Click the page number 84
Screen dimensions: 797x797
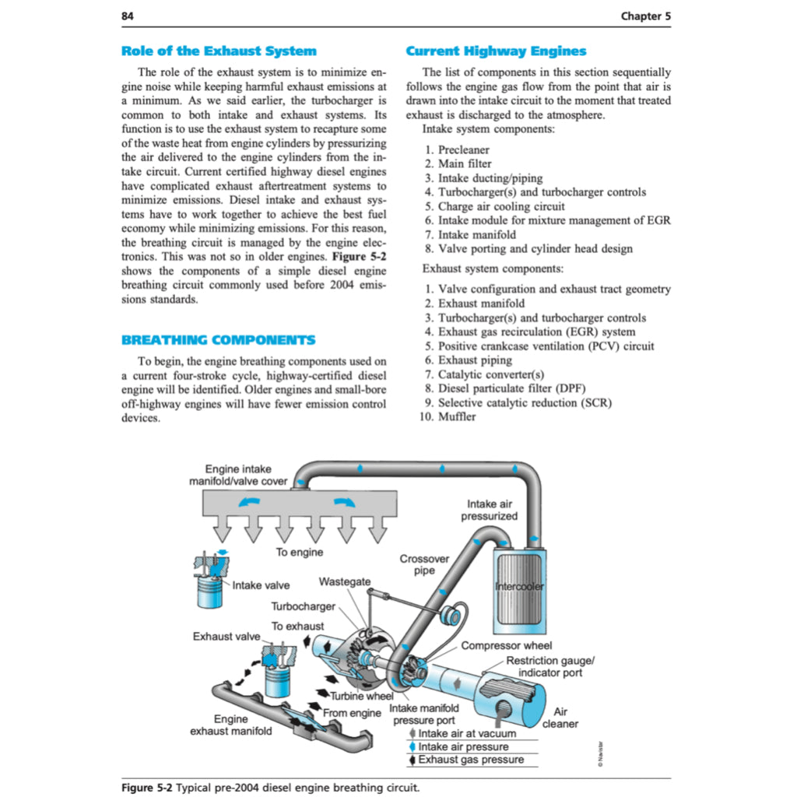coord(128,16)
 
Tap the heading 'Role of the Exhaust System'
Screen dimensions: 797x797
coord(219,51)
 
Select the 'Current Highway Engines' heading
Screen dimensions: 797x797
coord(496,51)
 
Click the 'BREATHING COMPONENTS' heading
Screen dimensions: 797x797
coord(219,340)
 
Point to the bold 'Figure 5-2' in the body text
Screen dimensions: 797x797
coord(359,256)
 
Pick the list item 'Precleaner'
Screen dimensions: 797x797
coord(463,149)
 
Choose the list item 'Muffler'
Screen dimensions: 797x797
coord(457,416)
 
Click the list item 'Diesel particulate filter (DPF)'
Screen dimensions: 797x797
coord(511,388)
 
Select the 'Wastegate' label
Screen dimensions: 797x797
coord(345,581)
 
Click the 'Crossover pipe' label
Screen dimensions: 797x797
coord(424,564)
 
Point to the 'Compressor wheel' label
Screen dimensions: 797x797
coord(506,645)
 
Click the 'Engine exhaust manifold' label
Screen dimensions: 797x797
coord(231,725)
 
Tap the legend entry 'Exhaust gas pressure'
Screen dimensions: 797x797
coord(471,760)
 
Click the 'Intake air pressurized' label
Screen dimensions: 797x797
coord(489,510)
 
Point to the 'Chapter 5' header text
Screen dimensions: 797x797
coord(645,16)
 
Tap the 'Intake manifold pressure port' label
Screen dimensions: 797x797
coord(424,714)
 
